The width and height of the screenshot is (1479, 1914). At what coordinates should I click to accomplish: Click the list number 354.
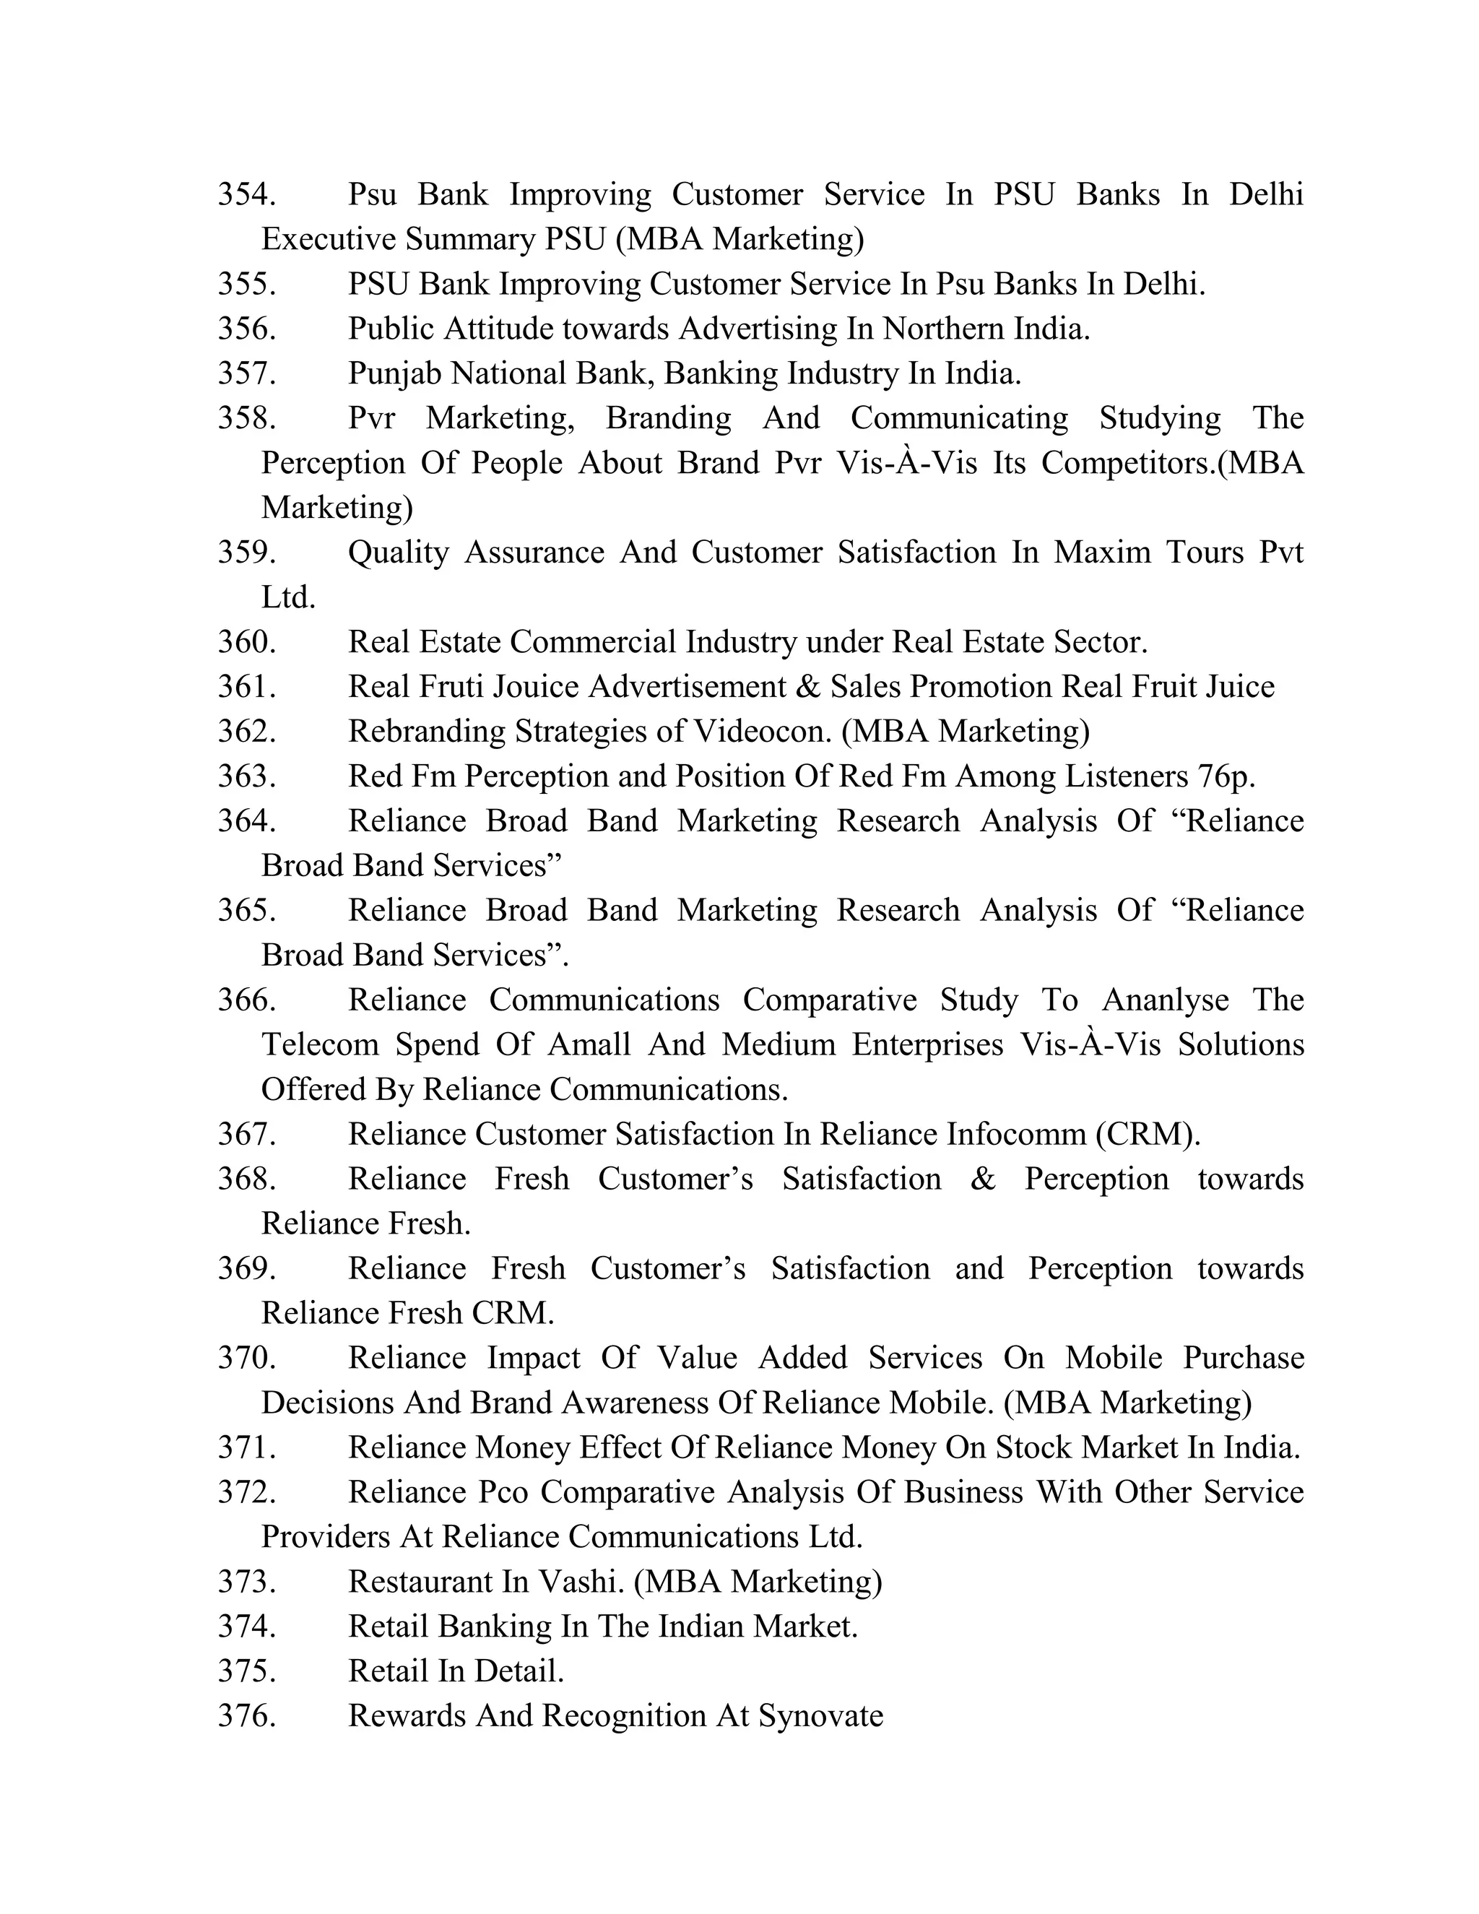246,194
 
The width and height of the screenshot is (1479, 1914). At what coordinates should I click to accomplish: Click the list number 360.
246,642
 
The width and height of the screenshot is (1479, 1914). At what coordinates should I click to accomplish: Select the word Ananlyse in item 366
1164,1000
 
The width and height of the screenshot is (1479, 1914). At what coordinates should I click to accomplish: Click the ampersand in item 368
982,1179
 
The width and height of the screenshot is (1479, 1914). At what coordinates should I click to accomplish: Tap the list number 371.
246,1447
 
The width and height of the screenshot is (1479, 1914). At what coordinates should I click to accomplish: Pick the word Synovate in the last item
820,1716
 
